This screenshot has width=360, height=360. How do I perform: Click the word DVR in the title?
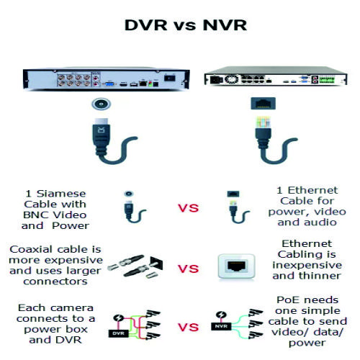tap(146, 25)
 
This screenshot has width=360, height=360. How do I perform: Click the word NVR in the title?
tap(225, 25)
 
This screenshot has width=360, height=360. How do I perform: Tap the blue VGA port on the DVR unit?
tap(109, 84)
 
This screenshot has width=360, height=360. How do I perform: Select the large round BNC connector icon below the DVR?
tap(101, 104)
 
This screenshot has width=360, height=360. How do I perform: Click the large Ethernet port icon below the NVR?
tap(263, 104)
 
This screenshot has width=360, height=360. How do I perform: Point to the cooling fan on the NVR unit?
tap(231, 79)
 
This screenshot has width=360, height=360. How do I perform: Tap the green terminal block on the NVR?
tap(327, 80)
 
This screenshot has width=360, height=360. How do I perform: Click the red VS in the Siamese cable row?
tap(189, 208)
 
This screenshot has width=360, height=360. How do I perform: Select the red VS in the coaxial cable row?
tap(189, 269)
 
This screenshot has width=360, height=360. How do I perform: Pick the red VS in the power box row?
tap(189, 327)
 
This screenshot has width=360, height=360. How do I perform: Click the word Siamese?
tap(61, 194)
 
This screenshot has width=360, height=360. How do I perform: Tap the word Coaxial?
tap(31, 249)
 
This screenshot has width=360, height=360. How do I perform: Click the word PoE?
tap(287, 300)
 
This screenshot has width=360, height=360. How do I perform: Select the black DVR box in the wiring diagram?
tap(118, 333)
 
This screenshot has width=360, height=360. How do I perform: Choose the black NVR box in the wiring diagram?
tap(221, 326)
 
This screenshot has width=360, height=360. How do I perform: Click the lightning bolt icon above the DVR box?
tap(118, 318)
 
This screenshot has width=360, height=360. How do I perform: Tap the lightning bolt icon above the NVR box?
tap(221, 315)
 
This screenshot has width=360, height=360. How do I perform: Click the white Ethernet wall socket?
tap(236, 266)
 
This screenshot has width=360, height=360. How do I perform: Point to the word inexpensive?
tap(307, 265)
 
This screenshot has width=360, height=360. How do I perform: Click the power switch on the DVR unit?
tap(170, 78)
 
